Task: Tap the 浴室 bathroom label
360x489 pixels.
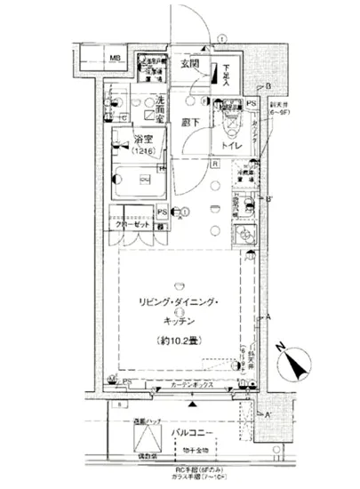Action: [142, 140]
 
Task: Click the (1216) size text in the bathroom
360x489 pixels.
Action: [143, 152]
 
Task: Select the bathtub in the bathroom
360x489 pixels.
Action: [138, 180]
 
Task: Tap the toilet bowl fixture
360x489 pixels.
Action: [228, 118]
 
